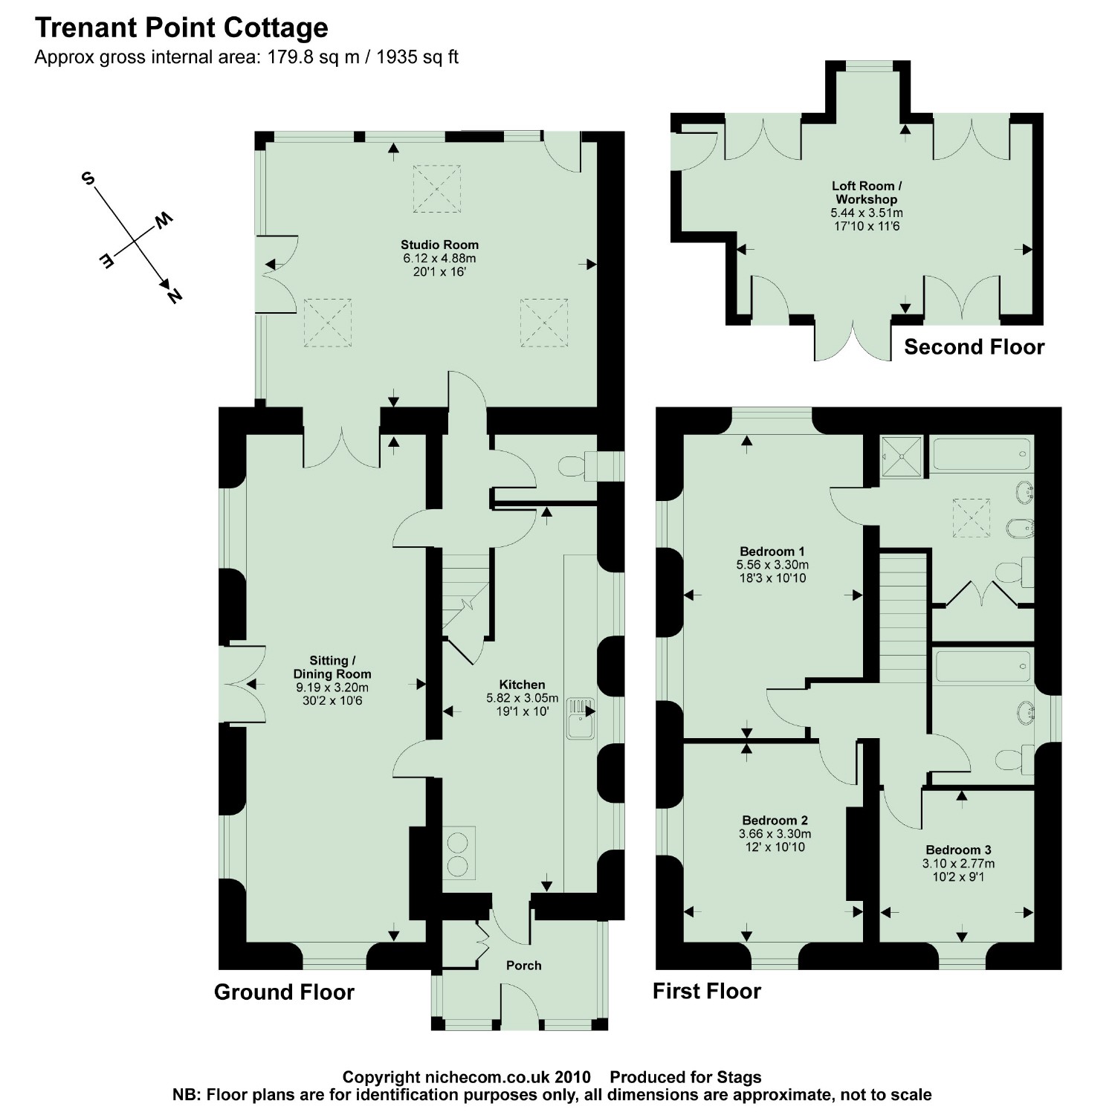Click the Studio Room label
click(439, 245)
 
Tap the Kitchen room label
click(522, 685)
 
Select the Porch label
click(523, 966)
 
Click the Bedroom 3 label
click(958, 850)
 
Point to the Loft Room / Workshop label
click(866, 193)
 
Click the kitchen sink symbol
click(580, 717)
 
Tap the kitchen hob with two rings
click(459, 853)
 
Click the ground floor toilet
click(573, 467)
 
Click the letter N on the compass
click(174, 295)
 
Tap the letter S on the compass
click(88, 179)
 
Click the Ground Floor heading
click(284, 992)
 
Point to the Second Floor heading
click(974, 347)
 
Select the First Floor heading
click(707, 992)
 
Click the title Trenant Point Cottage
click(181, 28)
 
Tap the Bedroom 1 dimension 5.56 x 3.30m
click(772, 565)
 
